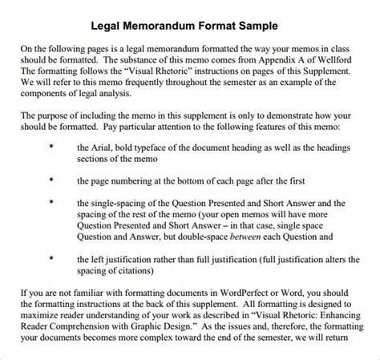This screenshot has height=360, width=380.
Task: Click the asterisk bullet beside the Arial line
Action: (51, 148)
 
